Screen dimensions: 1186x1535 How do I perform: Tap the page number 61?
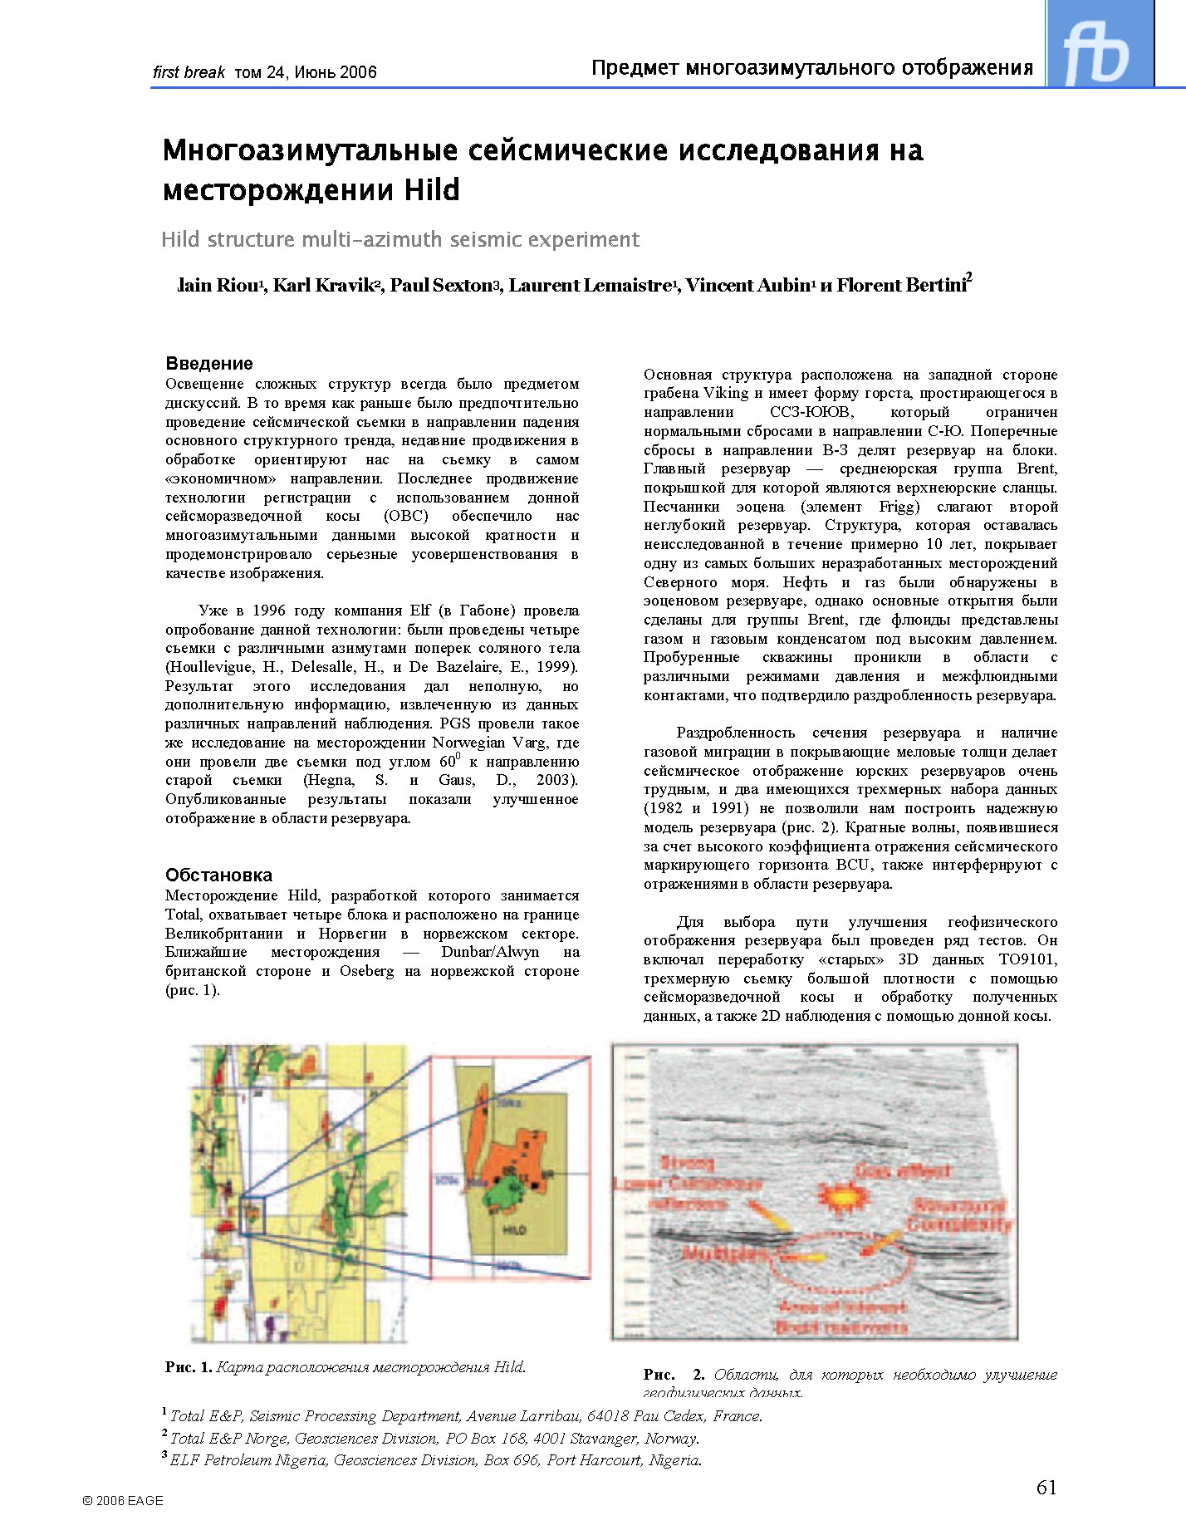pos(1046,1488)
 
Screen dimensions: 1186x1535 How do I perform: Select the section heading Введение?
pos(209,363)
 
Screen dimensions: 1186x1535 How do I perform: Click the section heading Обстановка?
pos(218,875)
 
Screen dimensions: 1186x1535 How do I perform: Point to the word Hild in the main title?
pos(432,190)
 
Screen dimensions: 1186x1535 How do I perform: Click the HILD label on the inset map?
pos(514,1229)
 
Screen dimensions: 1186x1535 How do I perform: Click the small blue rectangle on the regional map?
pos(251,1214)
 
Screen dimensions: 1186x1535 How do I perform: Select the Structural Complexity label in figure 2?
pos(959,1215)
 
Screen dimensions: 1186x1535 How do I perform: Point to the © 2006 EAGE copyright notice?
pos(123,1500)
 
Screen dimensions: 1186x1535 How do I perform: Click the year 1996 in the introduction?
pos(269,611)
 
